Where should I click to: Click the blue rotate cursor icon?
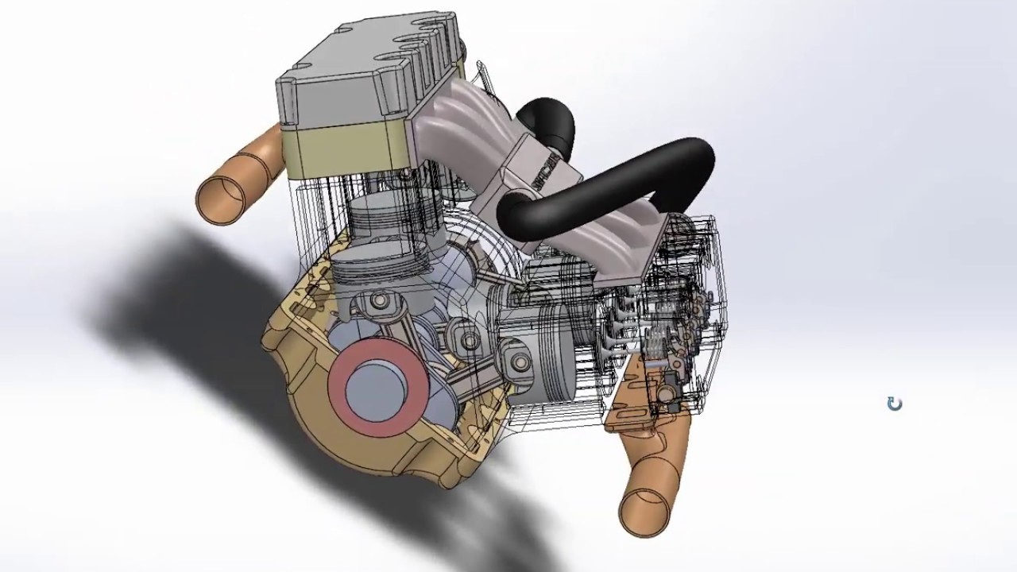(x=895, y=404)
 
